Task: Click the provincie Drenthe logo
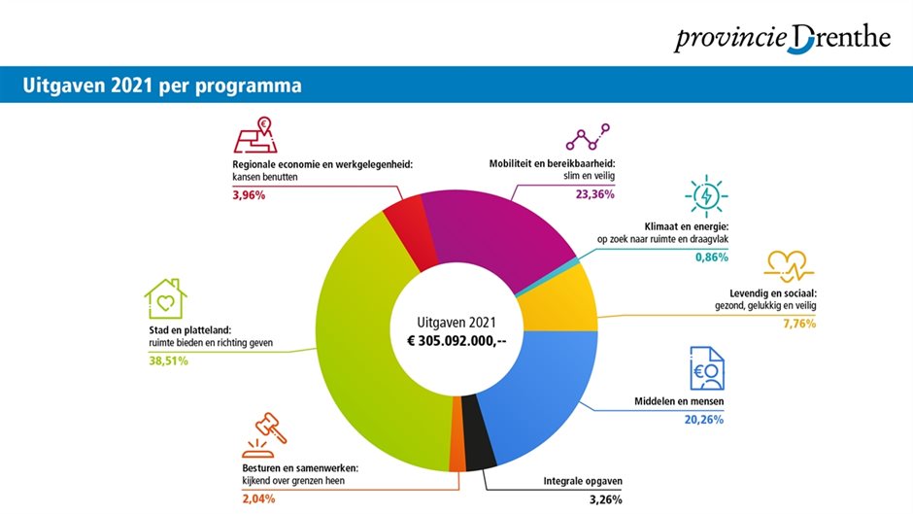click(782, 38)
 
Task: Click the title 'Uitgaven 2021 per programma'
click(162, 86)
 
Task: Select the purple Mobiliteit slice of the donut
click(495, 224)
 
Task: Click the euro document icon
click(706, 368)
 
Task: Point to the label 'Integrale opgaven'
click(583, 481)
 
